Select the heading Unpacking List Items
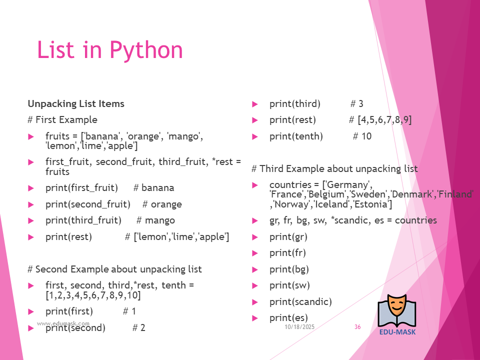click(76, 104)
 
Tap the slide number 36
click(357, 327)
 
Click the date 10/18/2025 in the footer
click(299, 327)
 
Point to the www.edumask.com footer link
click(63, 323)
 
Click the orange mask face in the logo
click(396, 306)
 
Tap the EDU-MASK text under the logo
click(397, 332)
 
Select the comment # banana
click(153, 187)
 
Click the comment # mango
click(156, 220)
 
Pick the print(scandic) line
click(300, 302)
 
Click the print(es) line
click(288, 318)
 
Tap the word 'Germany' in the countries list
click(348, 185)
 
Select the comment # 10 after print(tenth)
click(362, 136)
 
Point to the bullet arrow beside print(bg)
click(254, 269)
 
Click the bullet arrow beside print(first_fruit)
click(30, 188)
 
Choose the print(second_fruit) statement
click(88, 204)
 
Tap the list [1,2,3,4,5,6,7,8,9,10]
click(93, 295)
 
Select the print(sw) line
click(289, 285)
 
